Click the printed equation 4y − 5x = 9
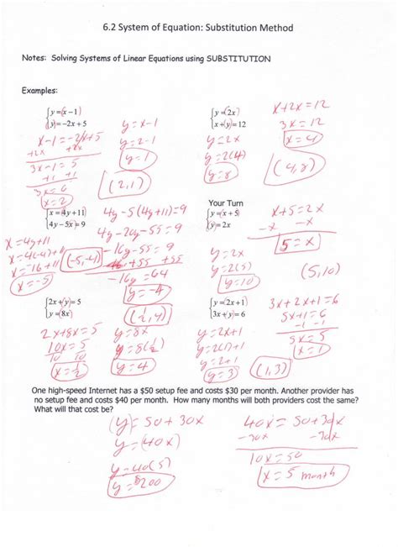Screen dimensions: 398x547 click(x=69, y=224)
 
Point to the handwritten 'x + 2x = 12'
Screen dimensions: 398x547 click(x=305, y=108)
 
